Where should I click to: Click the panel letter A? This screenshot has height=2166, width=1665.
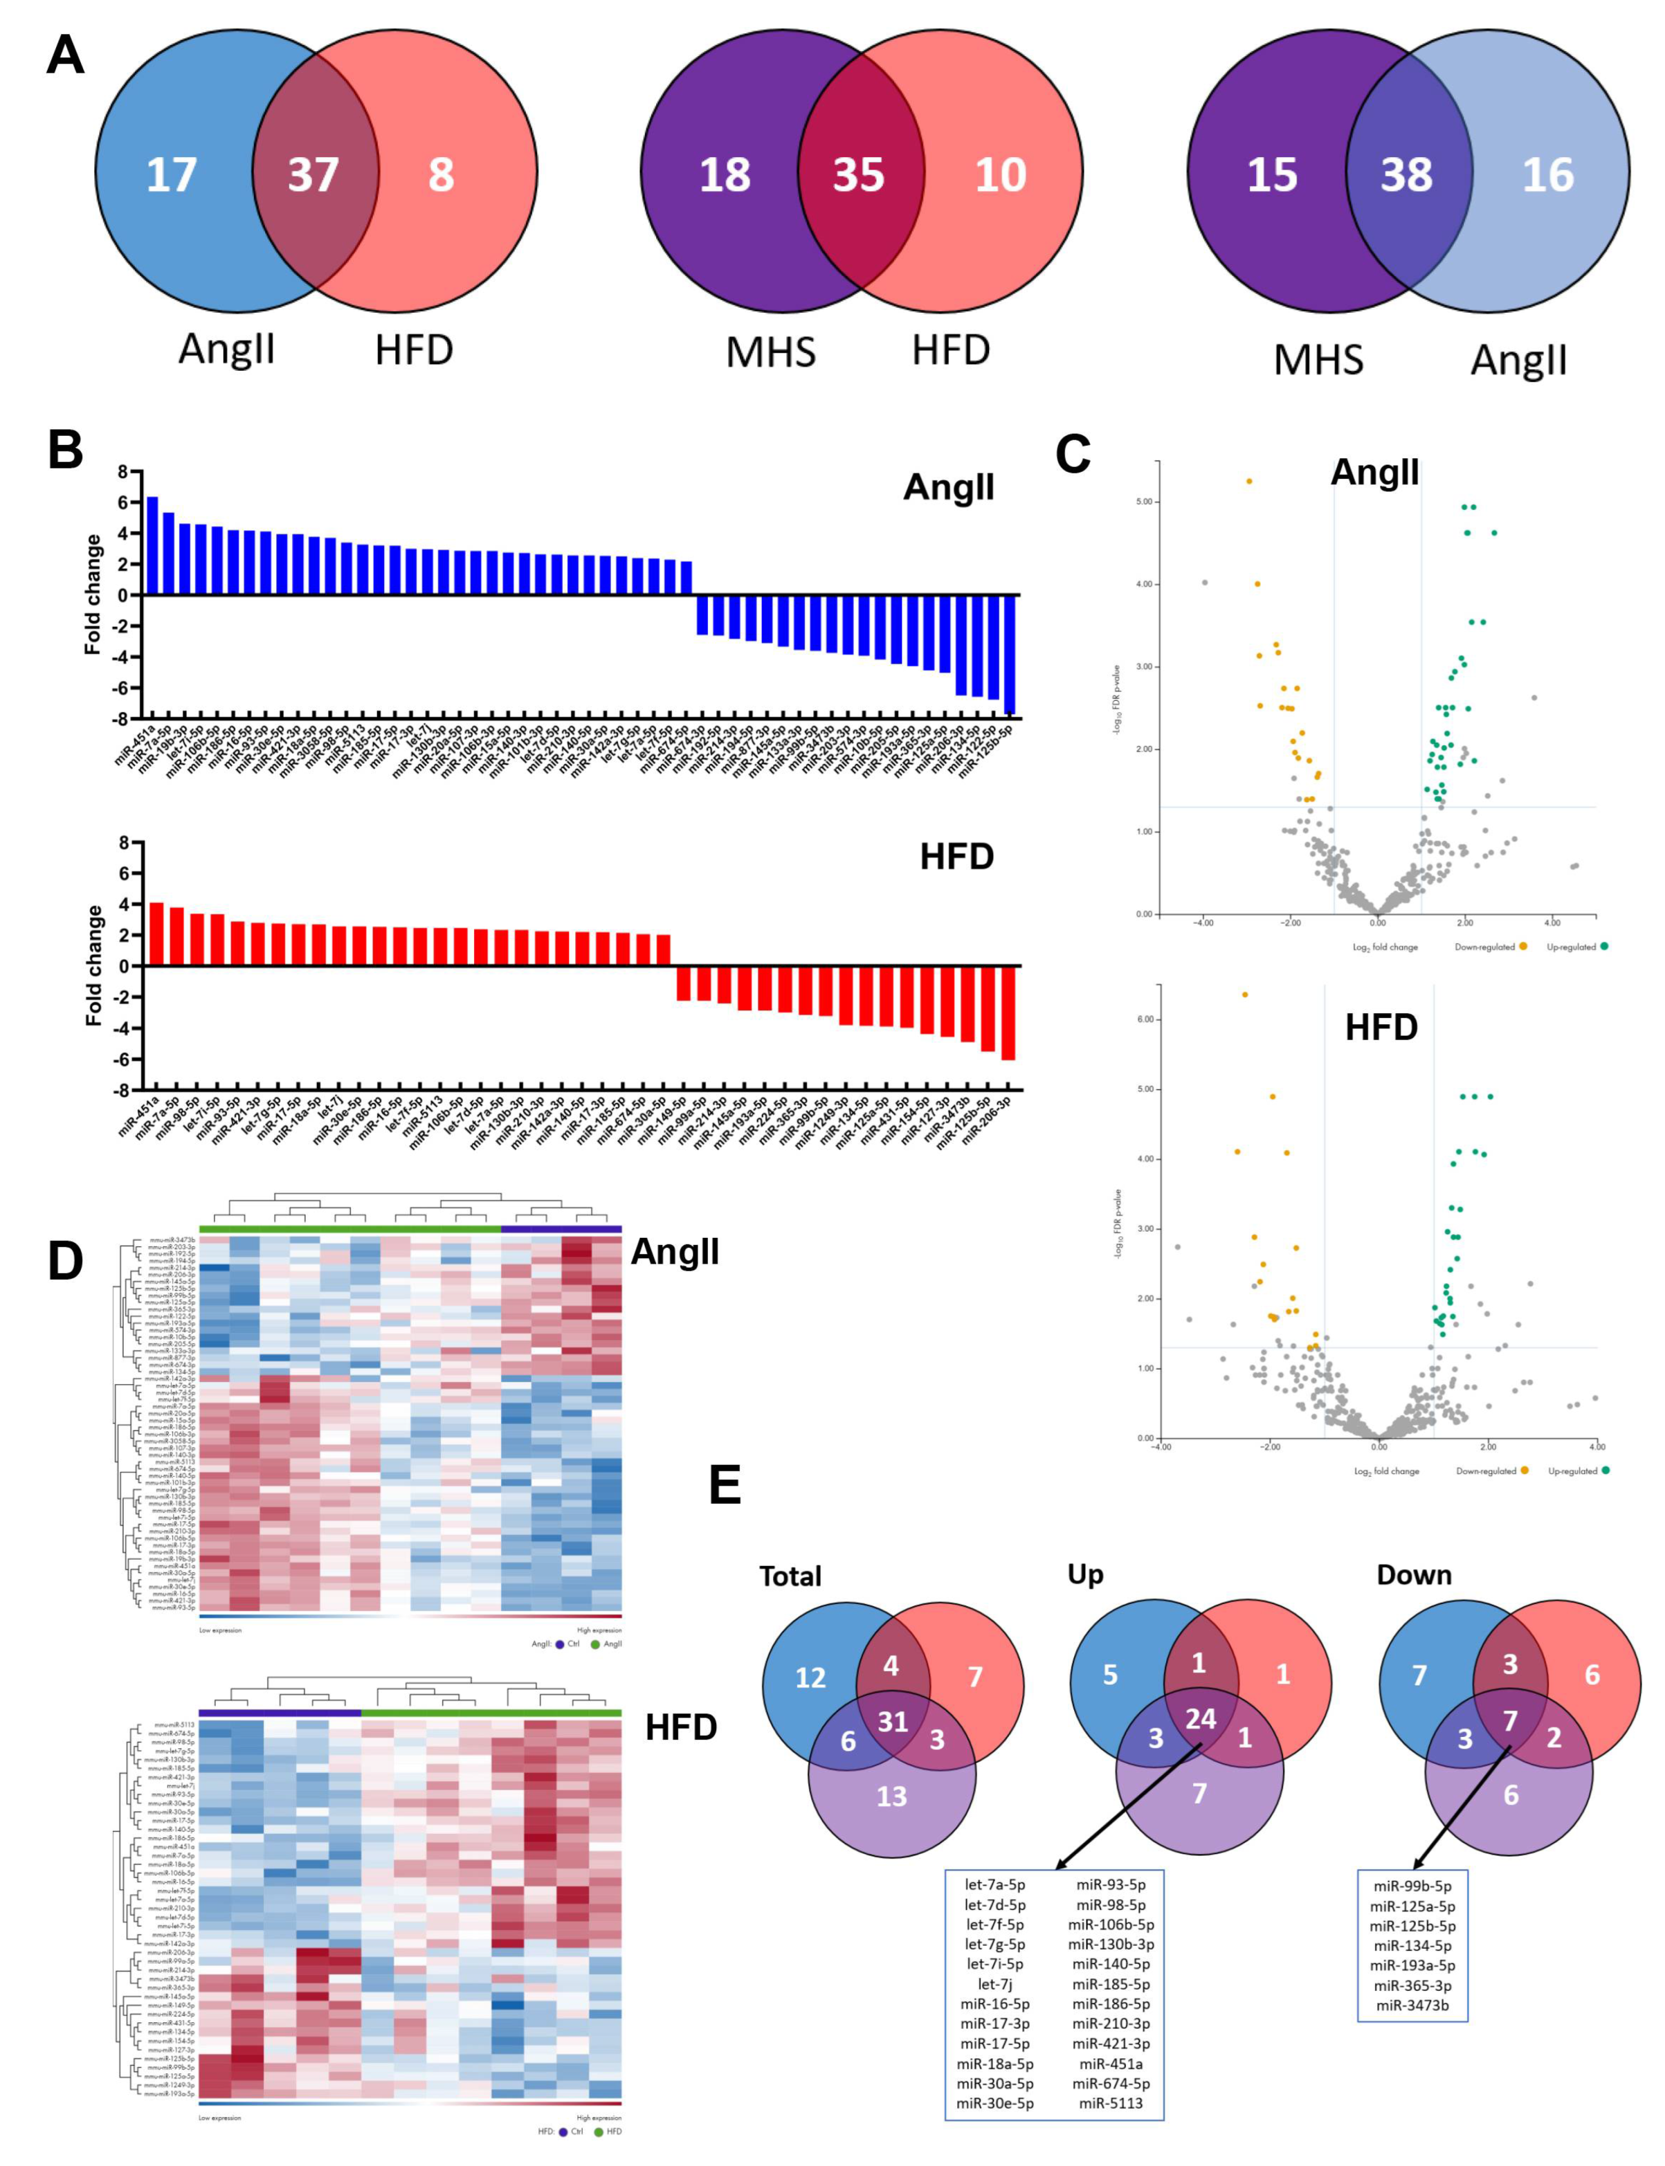point(65,56)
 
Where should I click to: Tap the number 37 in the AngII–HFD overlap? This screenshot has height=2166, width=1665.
point(313,175)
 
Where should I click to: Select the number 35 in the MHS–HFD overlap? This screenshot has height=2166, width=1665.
point(858,175)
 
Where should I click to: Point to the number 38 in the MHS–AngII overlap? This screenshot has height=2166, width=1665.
point(1407,175)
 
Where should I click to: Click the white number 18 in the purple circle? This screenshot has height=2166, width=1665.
point(725,175)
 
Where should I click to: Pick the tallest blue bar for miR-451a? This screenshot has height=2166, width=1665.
point(153,545)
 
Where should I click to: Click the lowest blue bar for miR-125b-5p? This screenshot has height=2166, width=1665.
point(1010,654)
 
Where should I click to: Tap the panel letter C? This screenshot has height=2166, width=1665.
point(1073,455)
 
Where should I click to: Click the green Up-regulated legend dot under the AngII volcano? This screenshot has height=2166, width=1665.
point(1604,946)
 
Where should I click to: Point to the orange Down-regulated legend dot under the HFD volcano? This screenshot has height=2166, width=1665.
point(1524,1470)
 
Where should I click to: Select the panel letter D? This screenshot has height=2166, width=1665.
point(65,1261)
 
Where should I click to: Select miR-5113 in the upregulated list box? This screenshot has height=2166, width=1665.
point(1111,2104)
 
